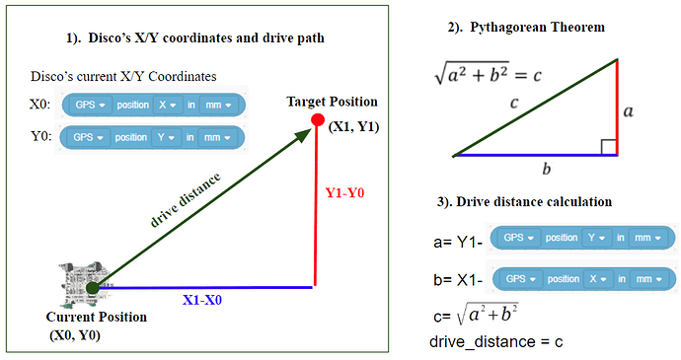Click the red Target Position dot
coord(317,120)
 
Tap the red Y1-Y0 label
coord(345,193)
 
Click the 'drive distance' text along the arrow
coord(188,200)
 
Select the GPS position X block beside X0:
coord(152,105)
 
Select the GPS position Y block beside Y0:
coord(152,137)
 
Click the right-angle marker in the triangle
coord(609,148)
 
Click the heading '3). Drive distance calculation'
coord(524,201)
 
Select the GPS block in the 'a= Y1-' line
coord(583,238)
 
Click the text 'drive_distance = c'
coord(495,342)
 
